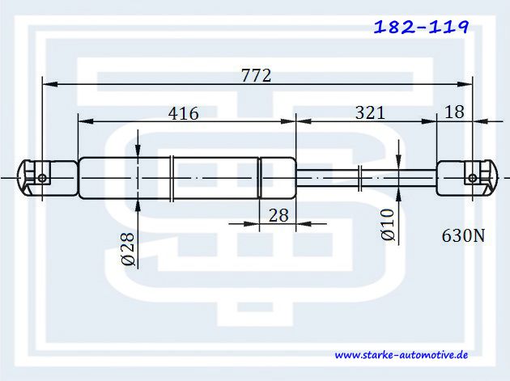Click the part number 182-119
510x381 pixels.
[422, 27]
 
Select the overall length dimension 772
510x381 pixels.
[256, 76]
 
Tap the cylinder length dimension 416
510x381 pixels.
[184, 113]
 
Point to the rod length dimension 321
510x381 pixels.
[370, 112]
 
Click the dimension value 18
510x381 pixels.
[454, 112]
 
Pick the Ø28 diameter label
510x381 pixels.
[128, 248]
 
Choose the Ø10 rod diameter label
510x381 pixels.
[388, 225]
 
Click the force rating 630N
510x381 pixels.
[463, 235]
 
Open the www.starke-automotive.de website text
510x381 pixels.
[402, 354]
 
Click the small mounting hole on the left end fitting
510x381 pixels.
[42, 178]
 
